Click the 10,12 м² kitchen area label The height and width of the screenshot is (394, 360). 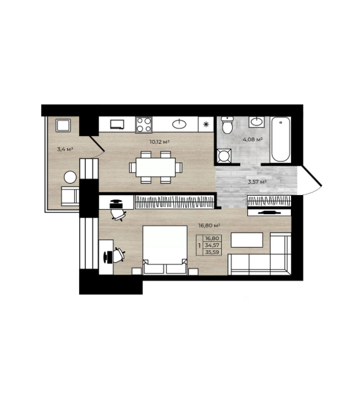coord(159,142)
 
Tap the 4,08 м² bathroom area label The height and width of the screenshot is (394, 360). coord(253,139)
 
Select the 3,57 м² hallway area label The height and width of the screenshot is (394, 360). coord(257,182)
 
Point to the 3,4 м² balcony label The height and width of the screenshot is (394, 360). coord(65,149)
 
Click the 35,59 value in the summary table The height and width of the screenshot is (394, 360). coord(212,252)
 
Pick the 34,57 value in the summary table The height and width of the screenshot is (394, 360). coord(212,245)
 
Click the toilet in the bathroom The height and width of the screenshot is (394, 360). coord(228,125)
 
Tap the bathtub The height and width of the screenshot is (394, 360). coord(281,139)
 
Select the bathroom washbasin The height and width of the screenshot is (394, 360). coord(257,122)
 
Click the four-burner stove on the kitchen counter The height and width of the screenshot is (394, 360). coord(144,125)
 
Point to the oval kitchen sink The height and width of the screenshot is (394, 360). coord(179,124)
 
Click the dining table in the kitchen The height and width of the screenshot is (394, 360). coord(156,167)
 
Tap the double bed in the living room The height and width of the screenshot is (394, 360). coord(165,250)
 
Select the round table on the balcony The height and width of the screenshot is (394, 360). coord(70,177)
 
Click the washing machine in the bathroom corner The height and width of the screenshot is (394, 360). coord(224,156)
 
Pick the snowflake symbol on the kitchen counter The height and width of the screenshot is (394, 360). coord(206,124)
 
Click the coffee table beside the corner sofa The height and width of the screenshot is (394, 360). coord(247,240)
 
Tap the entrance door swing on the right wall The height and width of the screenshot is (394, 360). coord(311,181)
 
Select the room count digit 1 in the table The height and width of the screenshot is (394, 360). coord(200,246)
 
